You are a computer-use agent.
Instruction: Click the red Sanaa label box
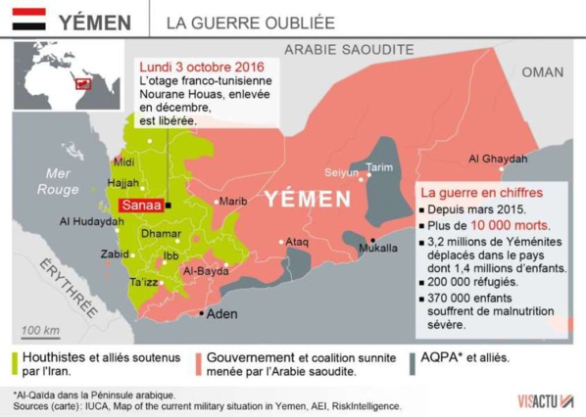(x=138, y=206)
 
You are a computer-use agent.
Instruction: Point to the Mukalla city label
(x=379, y=249)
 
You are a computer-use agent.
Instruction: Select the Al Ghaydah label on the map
(x=498, y=159)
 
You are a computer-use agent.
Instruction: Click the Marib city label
(x=233, y=202)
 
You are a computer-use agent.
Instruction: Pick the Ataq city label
(x=297, y=241)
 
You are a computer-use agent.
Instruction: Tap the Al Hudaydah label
(x=91, y=222)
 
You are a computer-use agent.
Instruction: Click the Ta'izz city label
(x=144, y=282)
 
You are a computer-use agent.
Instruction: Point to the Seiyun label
(x=341, y=172)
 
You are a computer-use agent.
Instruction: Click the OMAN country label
(x=542, y=71)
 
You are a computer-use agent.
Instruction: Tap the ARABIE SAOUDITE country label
(x=346, y=49)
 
